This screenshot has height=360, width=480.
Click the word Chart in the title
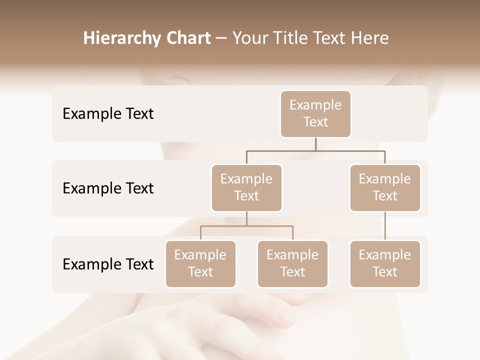coord(187,38)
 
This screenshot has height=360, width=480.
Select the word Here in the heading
coord(370,38)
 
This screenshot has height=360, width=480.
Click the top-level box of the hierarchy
coord(315,114)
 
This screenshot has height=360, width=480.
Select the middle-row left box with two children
coord(246,188)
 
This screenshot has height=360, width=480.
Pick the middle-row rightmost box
coord(385,188)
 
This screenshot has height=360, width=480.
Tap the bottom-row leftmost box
coord(200,264)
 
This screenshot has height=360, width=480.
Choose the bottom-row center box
coord(292,264)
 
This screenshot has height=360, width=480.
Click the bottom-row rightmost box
coord(385,264)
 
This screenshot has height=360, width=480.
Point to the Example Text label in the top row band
coord(108,114)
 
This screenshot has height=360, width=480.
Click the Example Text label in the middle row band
coord(108,188)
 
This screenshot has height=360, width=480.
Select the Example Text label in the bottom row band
coord(108,264)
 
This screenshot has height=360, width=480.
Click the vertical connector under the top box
coord(315,144)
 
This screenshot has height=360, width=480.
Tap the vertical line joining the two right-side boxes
coord(385,226)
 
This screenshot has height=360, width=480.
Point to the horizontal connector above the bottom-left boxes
coord(246,226)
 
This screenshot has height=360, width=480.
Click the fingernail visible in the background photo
coord(286,314)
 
